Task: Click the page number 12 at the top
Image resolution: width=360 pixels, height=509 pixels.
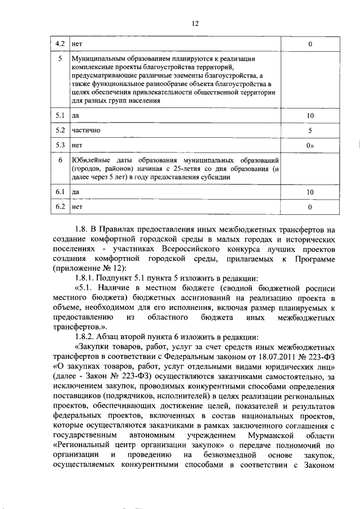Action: [x=195, y=23]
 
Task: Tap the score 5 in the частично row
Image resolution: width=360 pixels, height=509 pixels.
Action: [x=309, y=130]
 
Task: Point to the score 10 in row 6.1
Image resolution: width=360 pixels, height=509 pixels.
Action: [x=309, y=192]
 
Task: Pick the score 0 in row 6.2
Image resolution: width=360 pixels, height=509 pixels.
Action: [x=309, y=208]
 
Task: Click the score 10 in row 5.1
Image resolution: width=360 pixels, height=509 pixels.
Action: [x=309, y=115]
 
